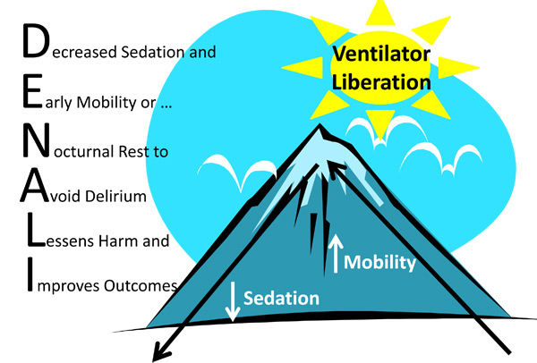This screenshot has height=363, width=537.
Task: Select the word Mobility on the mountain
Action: coord(380,262)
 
